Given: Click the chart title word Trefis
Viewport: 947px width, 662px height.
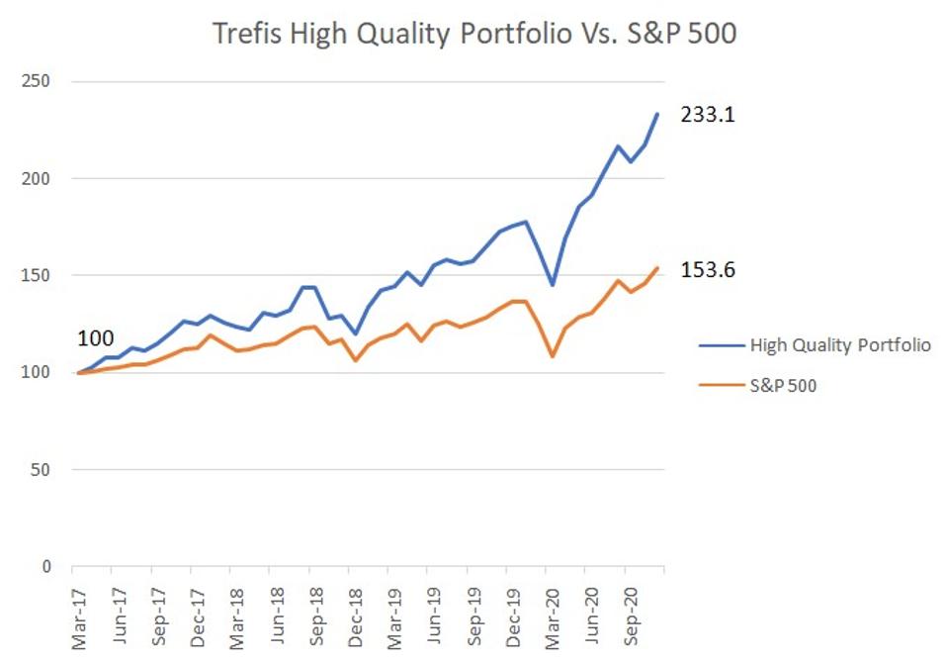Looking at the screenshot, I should tap(246, 34).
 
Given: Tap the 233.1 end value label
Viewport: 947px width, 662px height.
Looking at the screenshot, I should tap(708, 115).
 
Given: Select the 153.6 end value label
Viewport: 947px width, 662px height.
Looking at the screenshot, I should tap(708, 270).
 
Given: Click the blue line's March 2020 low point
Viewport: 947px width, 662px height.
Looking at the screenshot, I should tap(552, 285).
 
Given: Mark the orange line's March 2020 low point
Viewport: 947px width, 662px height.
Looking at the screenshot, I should tap(552, 356).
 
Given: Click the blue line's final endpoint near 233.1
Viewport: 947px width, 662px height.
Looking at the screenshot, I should tap(657, 114).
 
